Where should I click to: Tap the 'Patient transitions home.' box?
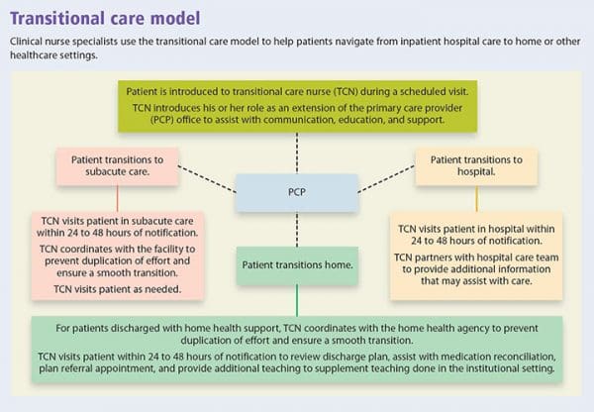(296, 265)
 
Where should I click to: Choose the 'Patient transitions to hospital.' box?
(477, 165)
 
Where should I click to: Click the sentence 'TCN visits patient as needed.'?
(112, 290)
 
